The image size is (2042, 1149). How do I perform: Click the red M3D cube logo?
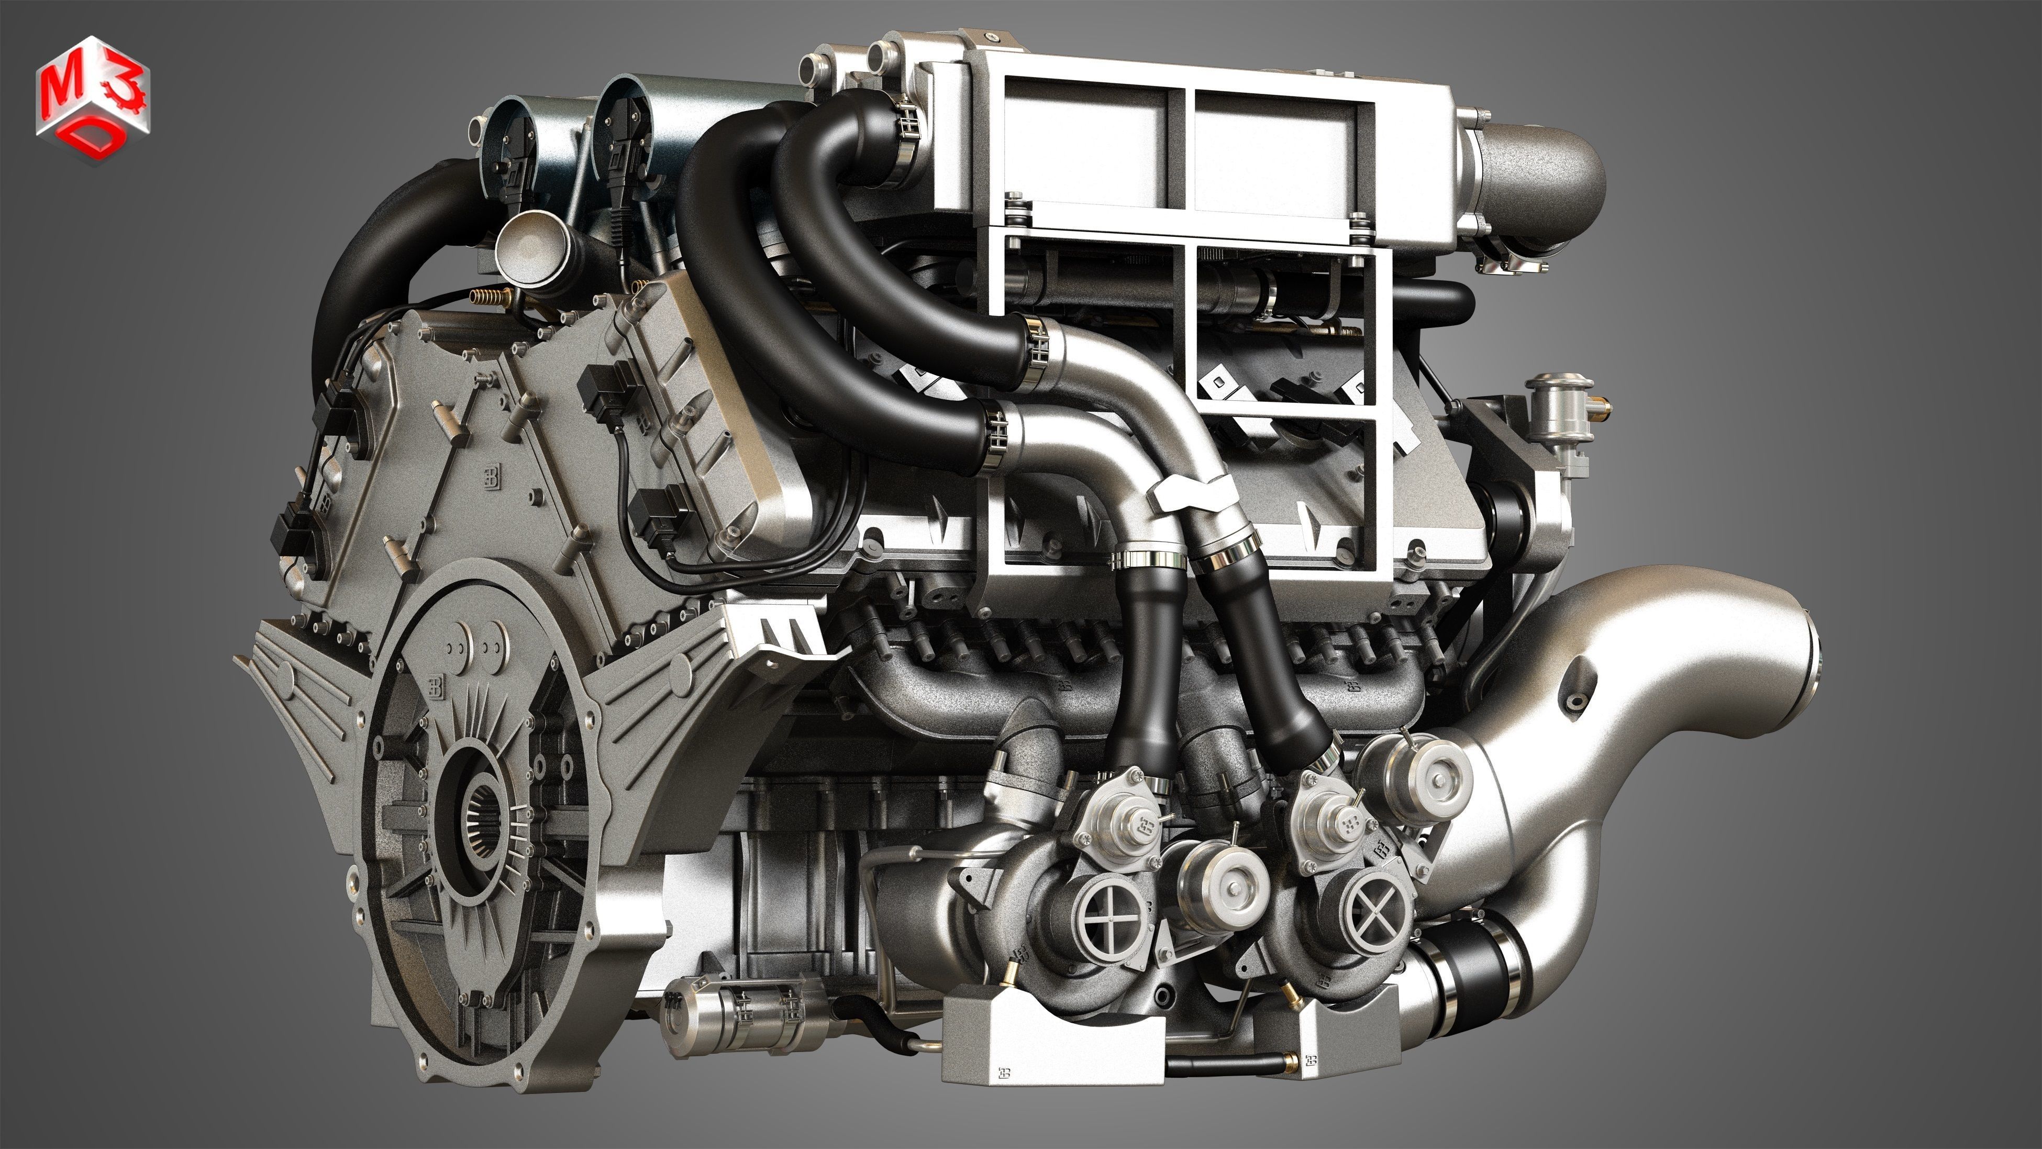pos(92,100)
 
